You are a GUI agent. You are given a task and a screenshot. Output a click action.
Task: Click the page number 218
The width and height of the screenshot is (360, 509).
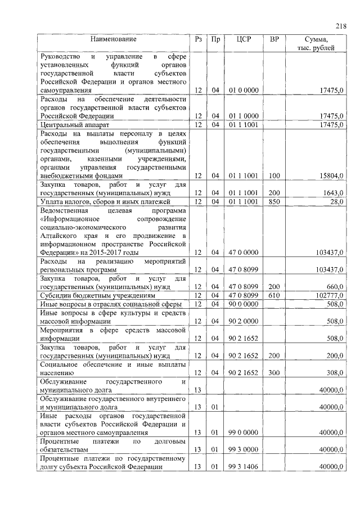[x=340, y=25]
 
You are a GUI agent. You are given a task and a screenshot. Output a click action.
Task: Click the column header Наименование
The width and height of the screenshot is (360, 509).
[x=113, y=39]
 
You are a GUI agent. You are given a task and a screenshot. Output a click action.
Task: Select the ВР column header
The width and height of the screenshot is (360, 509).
[x=274, y=39]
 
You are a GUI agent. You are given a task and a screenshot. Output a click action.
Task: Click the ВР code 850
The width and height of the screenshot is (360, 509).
[x=274, y=201]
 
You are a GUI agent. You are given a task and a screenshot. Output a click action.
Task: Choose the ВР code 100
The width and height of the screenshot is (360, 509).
[x=274, y=176]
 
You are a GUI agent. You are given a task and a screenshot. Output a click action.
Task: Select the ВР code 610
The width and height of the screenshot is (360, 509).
[x=274, y=295]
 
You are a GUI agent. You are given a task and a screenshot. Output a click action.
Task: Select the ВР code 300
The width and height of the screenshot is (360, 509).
[x=274, y=372]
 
